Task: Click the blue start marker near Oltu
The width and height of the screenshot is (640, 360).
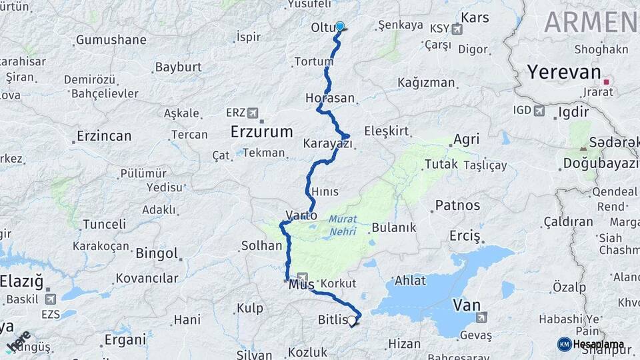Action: (x=340, y=27)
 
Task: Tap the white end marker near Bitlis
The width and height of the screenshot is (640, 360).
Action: (x=352, y=321)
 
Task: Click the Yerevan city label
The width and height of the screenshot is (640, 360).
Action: (x=564, y=72)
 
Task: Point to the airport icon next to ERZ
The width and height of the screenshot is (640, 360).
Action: (x=253, y=113)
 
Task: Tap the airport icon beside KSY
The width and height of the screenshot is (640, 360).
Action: (x=457, y=29)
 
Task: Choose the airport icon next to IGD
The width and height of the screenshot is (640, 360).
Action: (x=539, y=110)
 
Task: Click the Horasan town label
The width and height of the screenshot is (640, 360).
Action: (x=330, y=98)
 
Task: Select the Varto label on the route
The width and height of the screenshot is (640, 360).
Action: (x=301, y=215)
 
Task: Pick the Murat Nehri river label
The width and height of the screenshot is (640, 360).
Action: (x=342, y=224)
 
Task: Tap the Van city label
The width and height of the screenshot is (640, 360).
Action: (x=467, y=305)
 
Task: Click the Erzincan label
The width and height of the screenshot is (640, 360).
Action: (x=103, y=136)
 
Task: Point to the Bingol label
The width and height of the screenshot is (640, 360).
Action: (x=157, y=253)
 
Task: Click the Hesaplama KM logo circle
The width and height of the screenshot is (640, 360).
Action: (x=565, y=344)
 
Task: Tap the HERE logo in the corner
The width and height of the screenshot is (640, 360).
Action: (x=18, y=341)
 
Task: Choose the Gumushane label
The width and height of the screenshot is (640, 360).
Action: (x=111, y=40)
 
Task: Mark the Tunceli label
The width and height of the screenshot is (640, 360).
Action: (x=104, y=224)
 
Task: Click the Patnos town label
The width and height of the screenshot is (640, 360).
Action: (x=457, y=205)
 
